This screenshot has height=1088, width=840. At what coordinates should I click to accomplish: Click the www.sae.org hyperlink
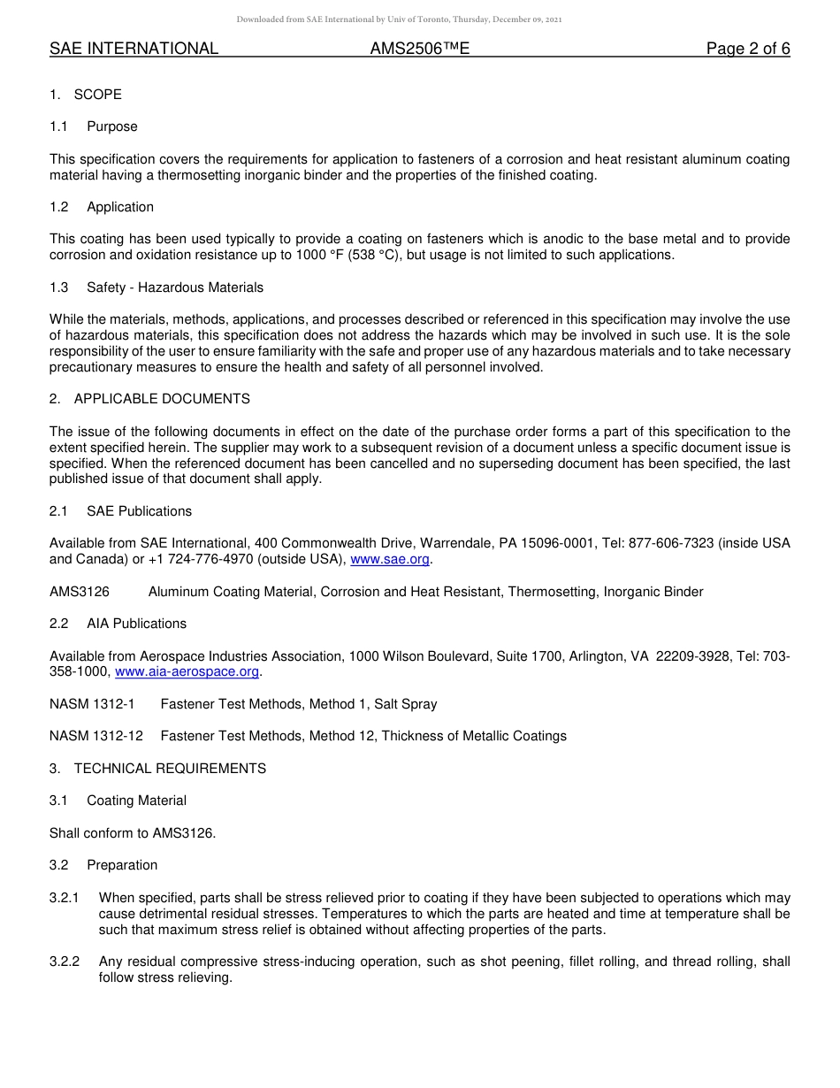point(389,559)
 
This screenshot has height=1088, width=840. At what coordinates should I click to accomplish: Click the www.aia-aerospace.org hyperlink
point(187,671)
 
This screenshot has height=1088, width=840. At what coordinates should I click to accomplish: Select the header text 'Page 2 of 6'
point(747,49)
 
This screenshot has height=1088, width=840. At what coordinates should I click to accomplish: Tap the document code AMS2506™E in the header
point(419,49)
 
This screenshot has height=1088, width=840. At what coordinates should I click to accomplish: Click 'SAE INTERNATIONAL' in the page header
point(134,49)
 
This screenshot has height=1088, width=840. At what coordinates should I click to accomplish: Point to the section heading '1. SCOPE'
point(86,95)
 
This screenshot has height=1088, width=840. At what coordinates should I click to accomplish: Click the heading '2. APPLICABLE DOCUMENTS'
point(149,399)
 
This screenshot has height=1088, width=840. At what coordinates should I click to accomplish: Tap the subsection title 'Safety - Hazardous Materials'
point(175,287)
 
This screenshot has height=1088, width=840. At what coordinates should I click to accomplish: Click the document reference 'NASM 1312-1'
point(92,704)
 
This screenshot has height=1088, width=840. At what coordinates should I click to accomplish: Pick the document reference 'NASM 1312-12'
point(95,736)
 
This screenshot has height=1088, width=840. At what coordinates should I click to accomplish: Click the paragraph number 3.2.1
point(65,898)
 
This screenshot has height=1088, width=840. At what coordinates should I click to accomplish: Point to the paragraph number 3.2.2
point(65,962)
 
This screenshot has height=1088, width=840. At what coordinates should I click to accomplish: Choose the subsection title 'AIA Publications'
point(136,624)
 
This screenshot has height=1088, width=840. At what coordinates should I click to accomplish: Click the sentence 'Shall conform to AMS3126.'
point(133,832)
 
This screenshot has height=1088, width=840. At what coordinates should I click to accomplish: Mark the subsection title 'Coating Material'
point(136,801)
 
